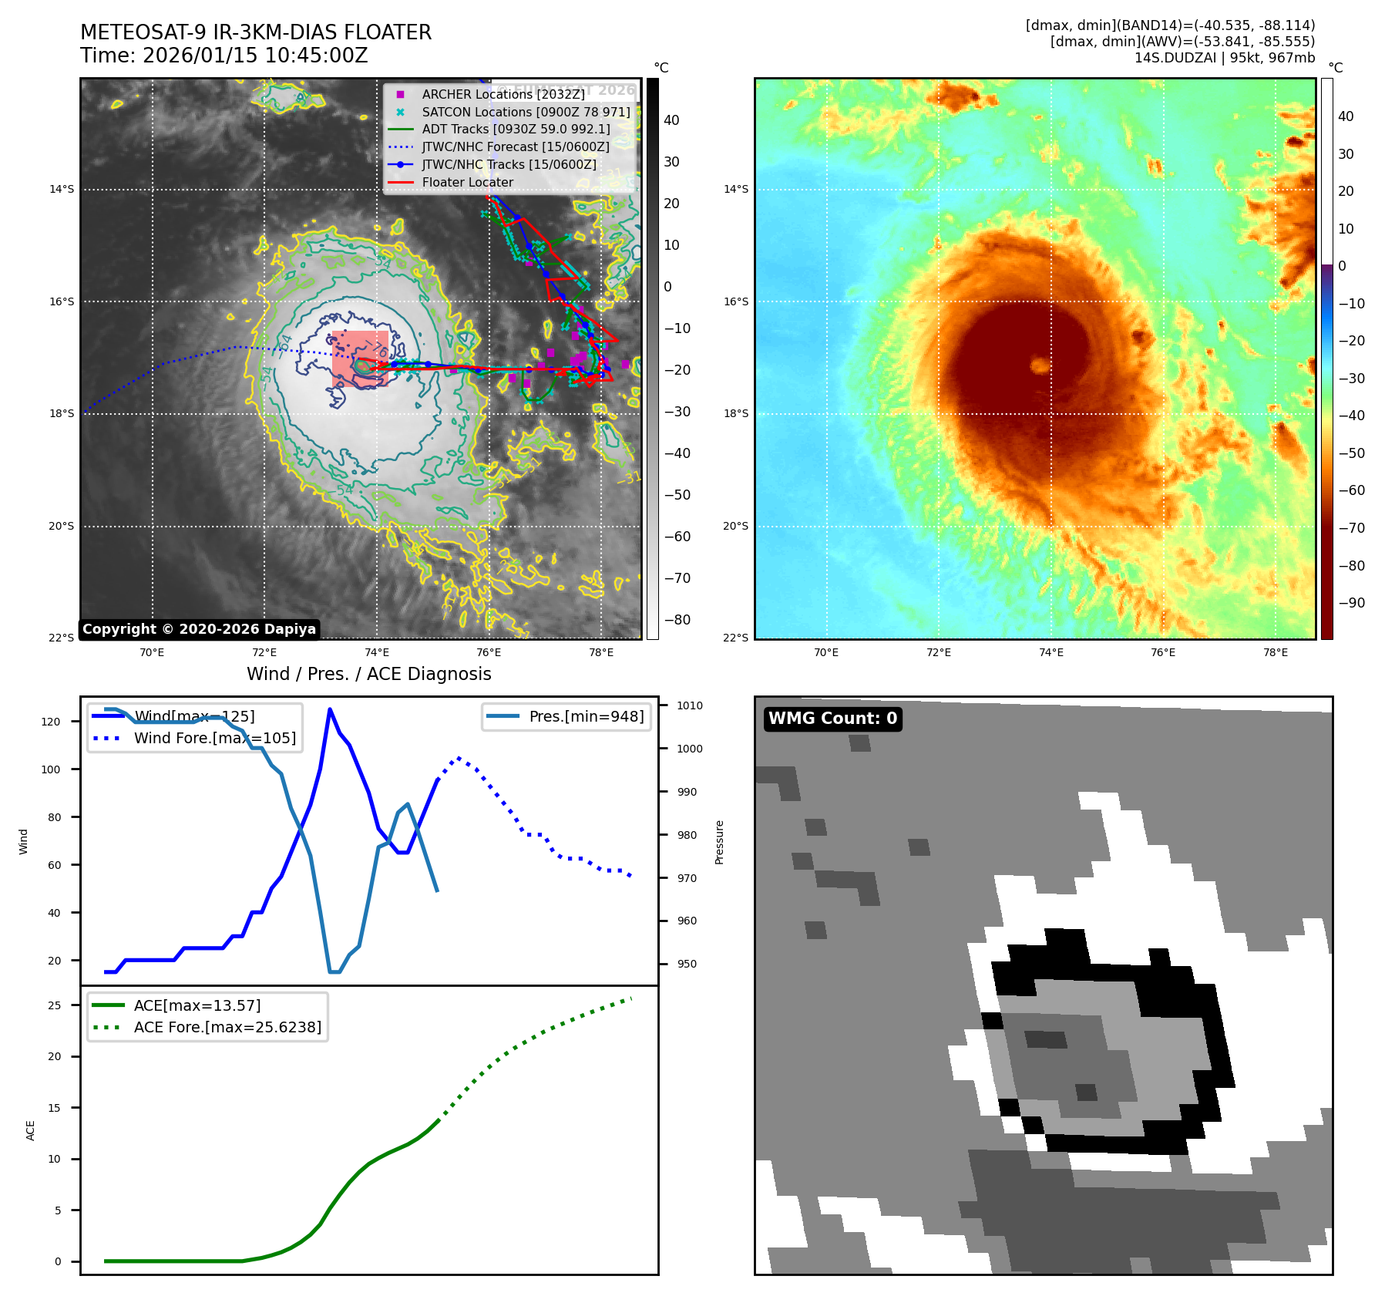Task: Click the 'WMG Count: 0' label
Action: tap(832, 719)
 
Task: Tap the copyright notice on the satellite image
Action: tap(199, 629)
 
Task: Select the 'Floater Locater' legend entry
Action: tap(467, 183)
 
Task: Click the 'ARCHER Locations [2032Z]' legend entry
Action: tap(503, 94)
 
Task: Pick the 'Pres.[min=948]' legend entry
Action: tap(586, 716)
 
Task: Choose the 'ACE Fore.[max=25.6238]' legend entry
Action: tap(227, 1027)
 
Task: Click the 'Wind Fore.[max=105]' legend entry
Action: tap(214, 738)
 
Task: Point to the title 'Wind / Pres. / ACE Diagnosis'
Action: tap(368, 674)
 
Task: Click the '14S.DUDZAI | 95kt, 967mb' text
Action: tap(1224, 58)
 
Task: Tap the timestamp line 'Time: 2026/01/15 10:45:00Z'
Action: tap(224, 56)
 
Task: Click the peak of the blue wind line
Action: tap(330, 709)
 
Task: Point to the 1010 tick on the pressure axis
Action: tap(689, 705)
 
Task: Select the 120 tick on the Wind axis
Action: tap(51, 722)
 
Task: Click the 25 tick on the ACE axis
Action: tap(54, 1005)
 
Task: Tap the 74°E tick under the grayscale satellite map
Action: tap(377, 652)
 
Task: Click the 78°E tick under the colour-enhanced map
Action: tap(1275, 652)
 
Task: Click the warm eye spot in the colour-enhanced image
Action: tap(1040, 365)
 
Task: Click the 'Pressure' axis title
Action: tap(719, 842)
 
